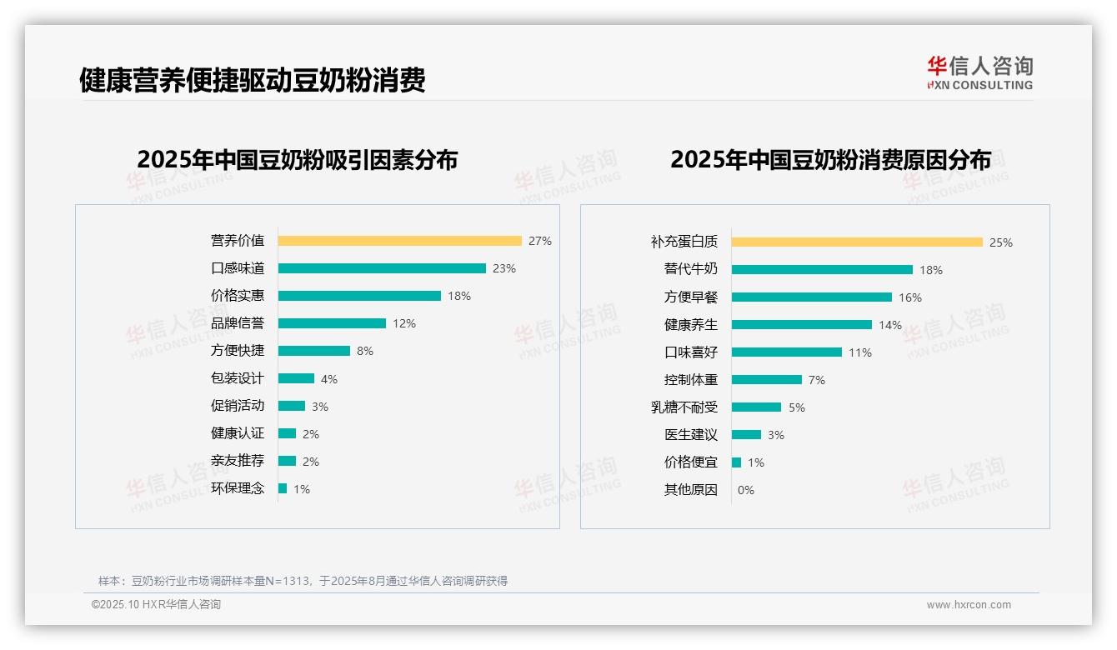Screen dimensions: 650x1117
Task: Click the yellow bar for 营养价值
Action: (399, 241)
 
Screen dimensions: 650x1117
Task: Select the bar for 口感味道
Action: (382, 268)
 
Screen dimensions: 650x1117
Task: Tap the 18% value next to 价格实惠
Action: (459, 296)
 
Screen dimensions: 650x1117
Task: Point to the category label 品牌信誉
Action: (238, 323)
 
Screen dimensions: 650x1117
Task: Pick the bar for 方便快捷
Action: (314, 351)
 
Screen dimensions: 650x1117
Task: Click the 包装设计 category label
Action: (238, 378)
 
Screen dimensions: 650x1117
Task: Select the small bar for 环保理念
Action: (283, 488)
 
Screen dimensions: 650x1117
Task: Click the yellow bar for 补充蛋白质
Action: (857, 242)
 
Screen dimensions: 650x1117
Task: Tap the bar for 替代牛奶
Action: (822, 270)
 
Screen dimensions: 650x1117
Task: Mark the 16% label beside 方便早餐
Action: (910, 297)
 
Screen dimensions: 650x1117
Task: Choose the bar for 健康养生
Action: (802, 325)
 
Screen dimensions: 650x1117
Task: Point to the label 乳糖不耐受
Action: (684, 407)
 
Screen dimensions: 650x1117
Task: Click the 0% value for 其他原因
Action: (746, 490)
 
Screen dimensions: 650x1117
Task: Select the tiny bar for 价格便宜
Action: (736, 462)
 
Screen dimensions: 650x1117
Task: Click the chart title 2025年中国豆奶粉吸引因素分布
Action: (298, 160)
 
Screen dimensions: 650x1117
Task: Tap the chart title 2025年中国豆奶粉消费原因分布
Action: (830, 160)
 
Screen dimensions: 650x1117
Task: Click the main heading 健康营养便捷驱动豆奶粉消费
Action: (253, 81)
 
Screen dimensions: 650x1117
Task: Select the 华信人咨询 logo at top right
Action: (979, 73)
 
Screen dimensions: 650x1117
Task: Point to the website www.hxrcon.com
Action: (969, 605)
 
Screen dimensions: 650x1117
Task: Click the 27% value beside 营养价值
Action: (540, 241)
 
